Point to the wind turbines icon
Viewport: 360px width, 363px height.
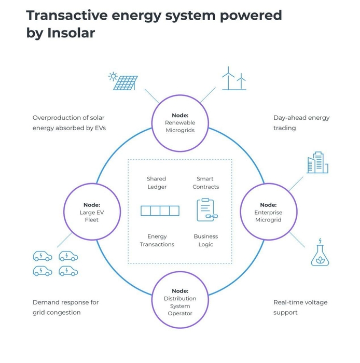234,78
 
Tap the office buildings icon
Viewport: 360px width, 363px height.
317,163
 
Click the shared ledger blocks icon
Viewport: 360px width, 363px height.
160,211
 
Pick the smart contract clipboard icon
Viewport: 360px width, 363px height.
206,210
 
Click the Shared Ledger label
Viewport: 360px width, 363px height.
156,183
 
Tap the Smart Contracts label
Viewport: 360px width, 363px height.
205,183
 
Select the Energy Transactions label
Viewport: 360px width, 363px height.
157,240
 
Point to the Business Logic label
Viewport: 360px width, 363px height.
206,240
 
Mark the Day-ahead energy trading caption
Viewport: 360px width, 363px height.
301,122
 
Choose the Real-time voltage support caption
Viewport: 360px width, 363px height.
300,307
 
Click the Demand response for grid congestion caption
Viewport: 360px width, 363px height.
65,307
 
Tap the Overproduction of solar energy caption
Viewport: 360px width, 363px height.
68,122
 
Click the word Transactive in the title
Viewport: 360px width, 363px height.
67,15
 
